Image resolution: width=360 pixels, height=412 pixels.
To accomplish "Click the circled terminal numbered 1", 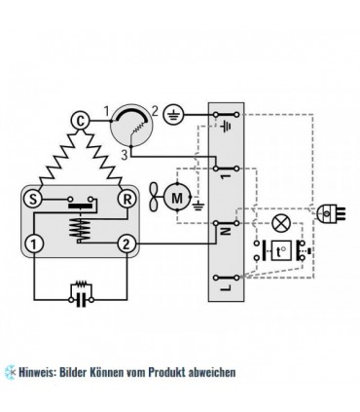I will [x=34, y=243].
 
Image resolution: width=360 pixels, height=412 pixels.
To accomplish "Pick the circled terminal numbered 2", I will [x=126, y=243].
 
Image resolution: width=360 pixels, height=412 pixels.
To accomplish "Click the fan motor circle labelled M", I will [x=176, y=196].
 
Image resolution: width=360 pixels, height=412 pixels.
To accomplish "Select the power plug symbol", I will [x=328, y=210].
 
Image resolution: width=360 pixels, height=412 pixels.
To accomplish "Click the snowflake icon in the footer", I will [x=9, y=371].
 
